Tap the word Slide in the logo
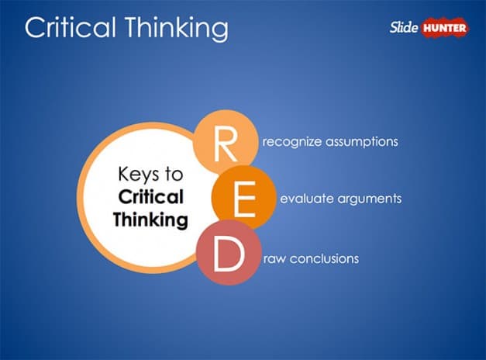403,29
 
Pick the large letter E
244,199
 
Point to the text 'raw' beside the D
274,258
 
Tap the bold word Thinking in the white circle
150,220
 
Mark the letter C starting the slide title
35,27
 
